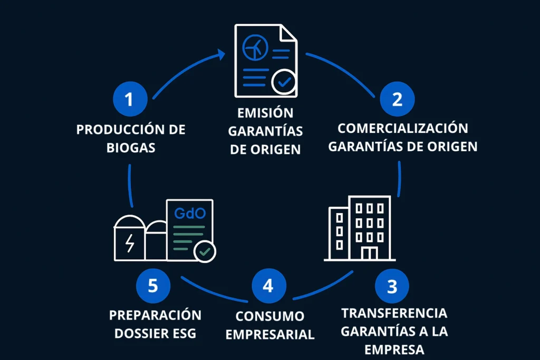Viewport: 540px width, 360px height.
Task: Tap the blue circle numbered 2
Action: point(398,99)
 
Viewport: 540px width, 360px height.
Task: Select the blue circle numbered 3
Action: point(392,287)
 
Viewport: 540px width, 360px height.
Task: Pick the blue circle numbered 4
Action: point(268,286)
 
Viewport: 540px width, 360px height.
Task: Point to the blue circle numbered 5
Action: point(153,286)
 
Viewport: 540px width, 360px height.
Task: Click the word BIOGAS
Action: point(131,147)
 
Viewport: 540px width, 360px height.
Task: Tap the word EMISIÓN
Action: point(265,113)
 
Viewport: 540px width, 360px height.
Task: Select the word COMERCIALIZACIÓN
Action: point(403,128)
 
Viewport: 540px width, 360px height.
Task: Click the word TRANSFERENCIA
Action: point(394,313)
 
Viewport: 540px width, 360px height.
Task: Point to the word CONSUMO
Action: point(270,316)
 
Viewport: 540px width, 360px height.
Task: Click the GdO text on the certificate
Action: point(189,213)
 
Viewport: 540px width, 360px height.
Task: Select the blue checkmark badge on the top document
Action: point(284,81)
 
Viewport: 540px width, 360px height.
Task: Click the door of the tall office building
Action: point(370,254)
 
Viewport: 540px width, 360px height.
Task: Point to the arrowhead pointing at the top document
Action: point(223,53)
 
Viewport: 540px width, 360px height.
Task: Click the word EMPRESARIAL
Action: point(270,334)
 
